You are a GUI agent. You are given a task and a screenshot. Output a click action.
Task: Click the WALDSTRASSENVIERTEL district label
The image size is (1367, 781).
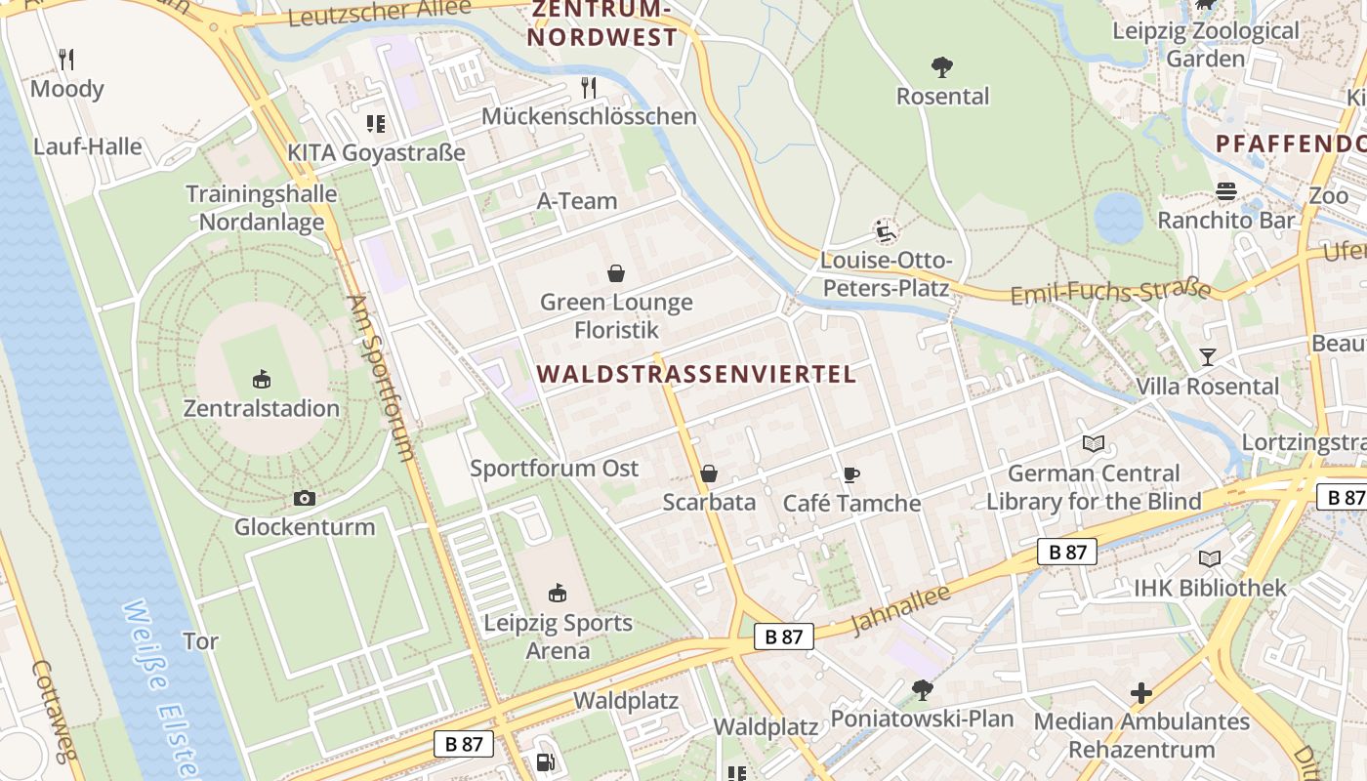[x=696, y=374]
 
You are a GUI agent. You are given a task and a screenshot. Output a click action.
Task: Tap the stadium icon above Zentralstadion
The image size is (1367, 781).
[x=262, y=379]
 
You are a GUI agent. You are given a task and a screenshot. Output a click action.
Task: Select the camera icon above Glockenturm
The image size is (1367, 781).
[x=305, y=499]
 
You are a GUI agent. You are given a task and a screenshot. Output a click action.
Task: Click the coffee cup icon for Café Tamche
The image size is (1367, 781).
[x=851, y=475]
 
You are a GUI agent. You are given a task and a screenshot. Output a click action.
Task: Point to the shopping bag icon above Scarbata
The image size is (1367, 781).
[x=709, y=474]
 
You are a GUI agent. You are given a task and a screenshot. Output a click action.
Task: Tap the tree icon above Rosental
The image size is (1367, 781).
[x=942, y=67]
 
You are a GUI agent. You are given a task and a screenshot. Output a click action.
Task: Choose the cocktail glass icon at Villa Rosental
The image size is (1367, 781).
[x=1208, y=357]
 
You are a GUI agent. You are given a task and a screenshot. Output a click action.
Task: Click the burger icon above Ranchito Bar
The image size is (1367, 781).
[x=1226, y=191]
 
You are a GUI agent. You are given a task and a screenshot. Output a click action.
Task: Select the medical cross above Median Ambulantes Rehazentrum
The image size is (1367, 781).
[x=1141, y=693]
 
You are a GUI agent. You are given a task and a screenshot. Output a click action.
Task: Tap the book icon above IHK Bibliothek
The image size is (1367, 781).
[x=1210, y=559]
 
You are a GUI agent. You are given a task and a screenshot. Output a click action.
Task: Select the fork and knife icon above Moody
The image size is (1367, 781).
[x=66, y=60]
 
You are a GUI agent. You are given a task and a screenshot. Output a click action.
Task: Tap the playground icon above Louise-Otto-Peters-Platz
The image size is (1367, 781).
[x=885, y=232]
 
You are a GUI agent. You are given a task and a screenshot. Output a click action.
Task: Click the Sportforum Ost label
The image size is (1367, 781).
[x=555, y=469]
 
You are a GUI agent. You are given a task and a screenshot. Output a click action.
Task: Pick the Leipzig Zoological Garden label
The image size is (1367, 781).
[x=1206, y=44]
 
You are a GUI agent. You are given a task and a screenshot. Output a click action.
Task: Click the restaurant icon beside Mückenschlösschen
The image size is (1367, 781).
[x=589, y=88]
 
